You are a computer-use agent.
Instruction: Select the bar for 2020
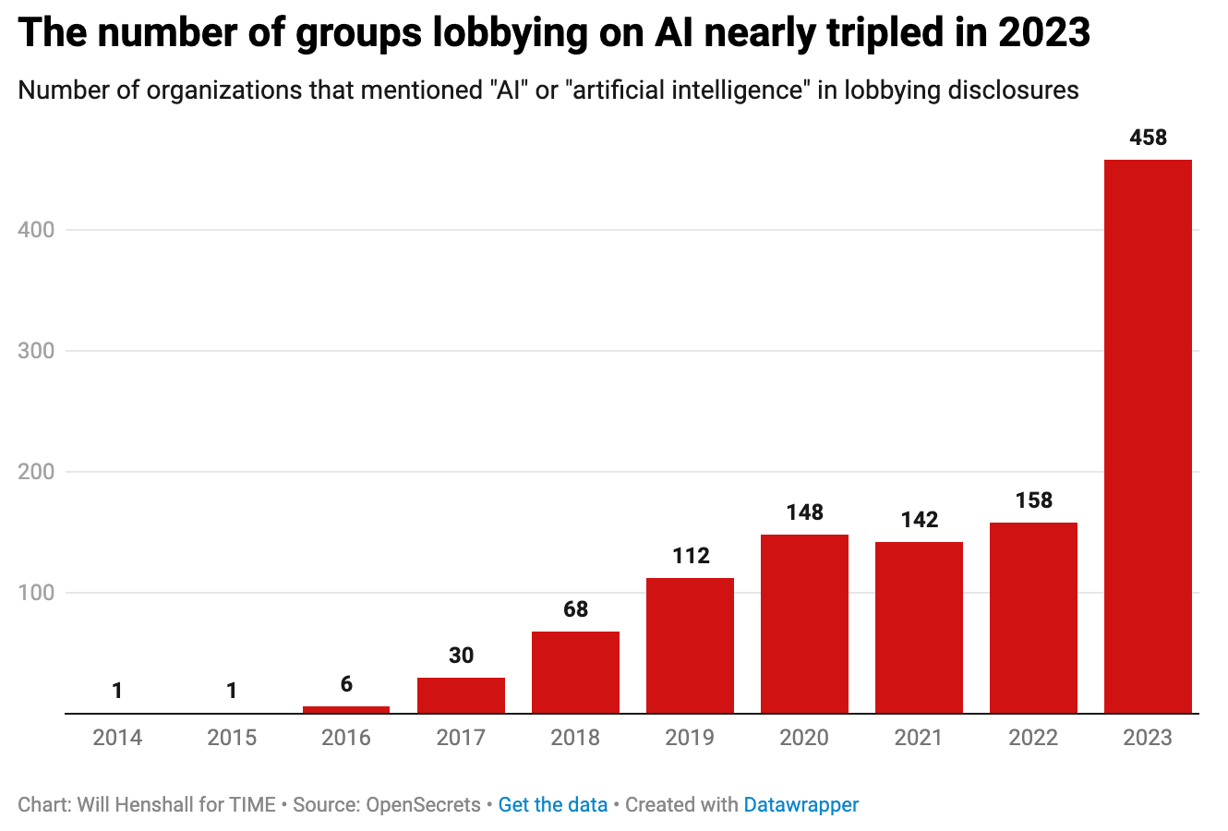tap(804, 623)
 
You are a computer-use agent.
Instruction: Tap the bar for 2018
tap(575, 671)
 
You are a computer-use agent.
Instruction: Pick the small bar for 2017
tap(461, 695)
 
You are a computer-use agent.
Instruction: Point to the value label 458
tap(1148, 138)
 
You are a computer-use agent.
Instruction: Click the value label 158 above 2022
tap(1033, 500)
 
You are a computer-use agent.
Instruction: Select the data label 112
tap(690, 556)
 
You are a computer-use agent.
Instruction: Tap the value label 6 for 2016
tap(346, 684)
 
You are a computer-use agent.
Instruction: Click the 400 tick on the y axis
tap(36, 230)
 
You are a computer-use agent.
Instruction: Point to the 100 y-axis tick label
tap(36, 593)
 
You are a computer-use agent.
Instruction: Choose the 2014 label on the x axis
tap(117, 738)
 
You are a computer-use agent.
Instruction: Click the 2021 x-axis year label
tap(919, 738)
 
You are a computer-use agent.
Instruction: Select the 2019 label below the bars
tap(690, 738)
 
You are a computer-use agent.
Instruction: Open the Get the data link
tap(552, 805)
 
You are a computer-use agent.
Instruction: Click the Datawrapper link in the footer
tap(801, 805)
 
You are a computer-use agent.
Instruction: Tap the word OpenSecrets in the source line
tap(423, 805)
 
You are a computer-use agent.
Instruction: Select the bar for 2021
tap(919, 627)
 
